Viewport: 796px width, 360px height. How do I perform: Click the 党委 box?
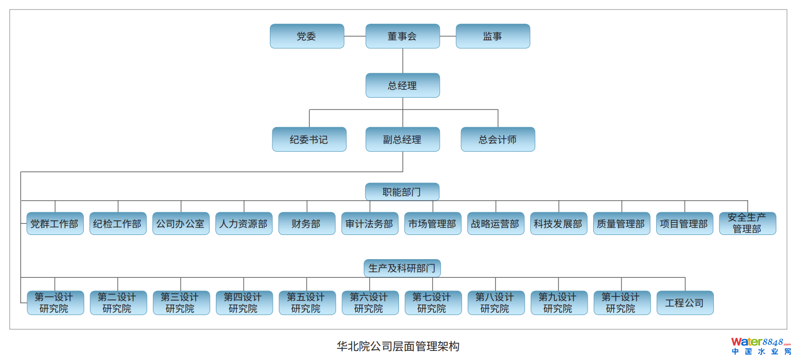click(x=307, y=36)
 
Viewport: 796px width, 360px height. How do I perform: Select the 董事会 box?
click(x=403, y=36)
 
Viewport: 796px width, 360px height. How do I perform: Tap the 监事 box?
click(x=493, y=36)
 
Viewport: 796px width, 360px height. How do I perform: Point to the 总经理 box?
click(x=403, y=86)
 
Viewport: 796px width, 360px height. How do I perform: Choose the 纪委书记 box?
click(x=309, y=140)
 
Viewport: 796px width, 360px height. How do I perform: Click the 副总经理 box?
click(x=403, y=140)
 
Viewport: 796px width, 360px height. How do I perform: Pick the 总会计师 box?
click(x=498, y=140)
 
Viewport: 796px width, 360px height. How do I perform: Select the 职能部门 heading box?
click(x=402, y=192)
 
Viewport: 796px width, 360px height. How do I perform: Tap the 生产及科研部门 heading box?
click(x=402, y=268)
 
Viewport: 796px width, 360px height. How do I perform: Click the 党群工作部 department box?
click(x=55, y=224)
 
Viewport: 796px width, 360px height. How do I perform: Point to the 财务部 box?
click(x=307, y=224)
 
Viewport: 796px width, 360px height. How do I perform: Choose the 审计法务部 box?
click(x=370, y=224)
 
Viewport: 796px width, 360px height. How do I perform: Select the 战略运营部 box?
click(x=495, y=224)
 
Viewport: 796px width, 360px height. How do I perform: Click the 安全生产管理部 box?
click(x=748, y=223)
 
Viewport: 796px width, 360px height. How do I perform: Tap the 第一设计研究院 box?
click(x=55, y=303)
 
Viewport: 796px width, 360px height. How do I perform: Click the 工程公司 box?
click(x=685, y=303)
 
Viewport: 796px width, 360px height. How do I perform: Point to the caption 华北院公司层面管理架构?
click(x=398, y=346)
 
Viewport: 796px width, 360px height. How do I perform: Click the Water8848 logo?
click(x=761, y=346)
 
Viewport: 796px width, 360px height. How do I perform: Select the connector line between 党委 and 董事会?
click(x=355, y=36)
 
